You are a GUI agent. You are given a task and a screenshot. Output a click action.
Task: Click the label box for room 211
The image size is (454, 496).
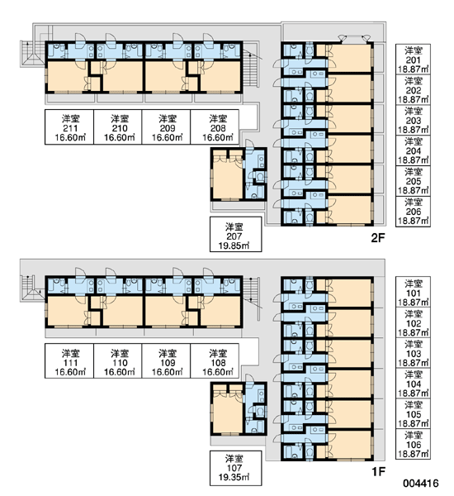coord(69,127)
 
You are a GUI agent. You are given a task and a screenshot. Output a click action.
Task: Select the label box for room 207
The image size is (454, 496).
coord(236,235)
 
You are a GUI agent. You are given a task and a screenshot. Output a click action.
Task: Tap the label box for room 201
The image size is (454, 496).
coord(413,60)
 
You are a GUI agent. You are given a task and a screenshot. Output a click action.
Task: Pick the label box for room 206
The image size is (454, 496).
coord(413,211)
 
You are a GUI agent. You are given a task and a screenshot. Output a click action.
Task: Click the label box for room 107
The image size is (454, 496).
coord(236,468)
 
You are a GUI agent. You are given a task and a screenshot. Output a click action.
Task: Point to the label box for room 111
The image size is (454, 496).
coord(69,361)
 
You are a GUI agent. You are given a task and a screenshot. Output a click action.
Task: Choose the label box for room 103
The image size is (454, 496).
coord(413,353)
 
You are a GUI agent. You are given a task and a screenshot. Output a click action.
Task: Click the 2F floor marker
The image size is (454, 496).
coord(378,238)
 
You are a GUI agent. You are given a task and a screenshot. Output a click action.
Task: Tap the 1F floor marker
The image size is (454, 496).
coord(378,472)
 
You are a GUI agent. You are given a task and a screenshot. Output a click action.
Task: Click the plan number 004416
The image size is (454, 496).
coord(420,484)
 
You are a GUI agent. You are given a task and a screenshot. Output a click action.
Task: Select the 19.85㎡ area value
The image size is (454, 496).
coord(234,246)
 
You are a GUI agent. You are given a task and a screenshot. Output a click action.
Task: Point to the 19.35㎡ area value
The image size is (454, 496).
coord(234,477)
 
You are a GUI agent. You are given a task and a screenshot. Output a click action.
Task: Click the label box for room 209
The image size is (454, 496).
coord(166,127)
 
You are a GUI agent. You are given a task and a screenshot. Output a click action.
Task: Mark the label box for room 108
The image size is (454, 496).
coord(215,361)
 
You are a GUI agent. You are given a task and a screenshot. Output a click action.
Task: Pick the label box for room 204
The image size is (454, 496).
coord(413,150)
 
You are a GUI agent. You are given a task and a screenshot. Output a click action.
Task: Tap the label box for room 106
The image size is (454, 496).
coord(413,445)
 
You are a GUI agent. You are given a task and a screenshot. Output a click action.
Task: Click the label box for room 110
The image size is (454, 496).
coord(118,361)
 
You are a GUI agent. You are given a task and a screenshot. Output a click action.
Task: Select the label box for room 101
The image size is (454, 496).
coord(413,292)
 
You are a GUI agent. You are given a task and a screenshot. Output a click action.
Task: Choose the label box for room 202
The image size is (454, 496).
coord(413,89)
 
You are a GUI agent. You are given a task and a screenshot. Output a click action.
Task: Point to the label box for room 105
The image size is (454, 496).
coord(413,414)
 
